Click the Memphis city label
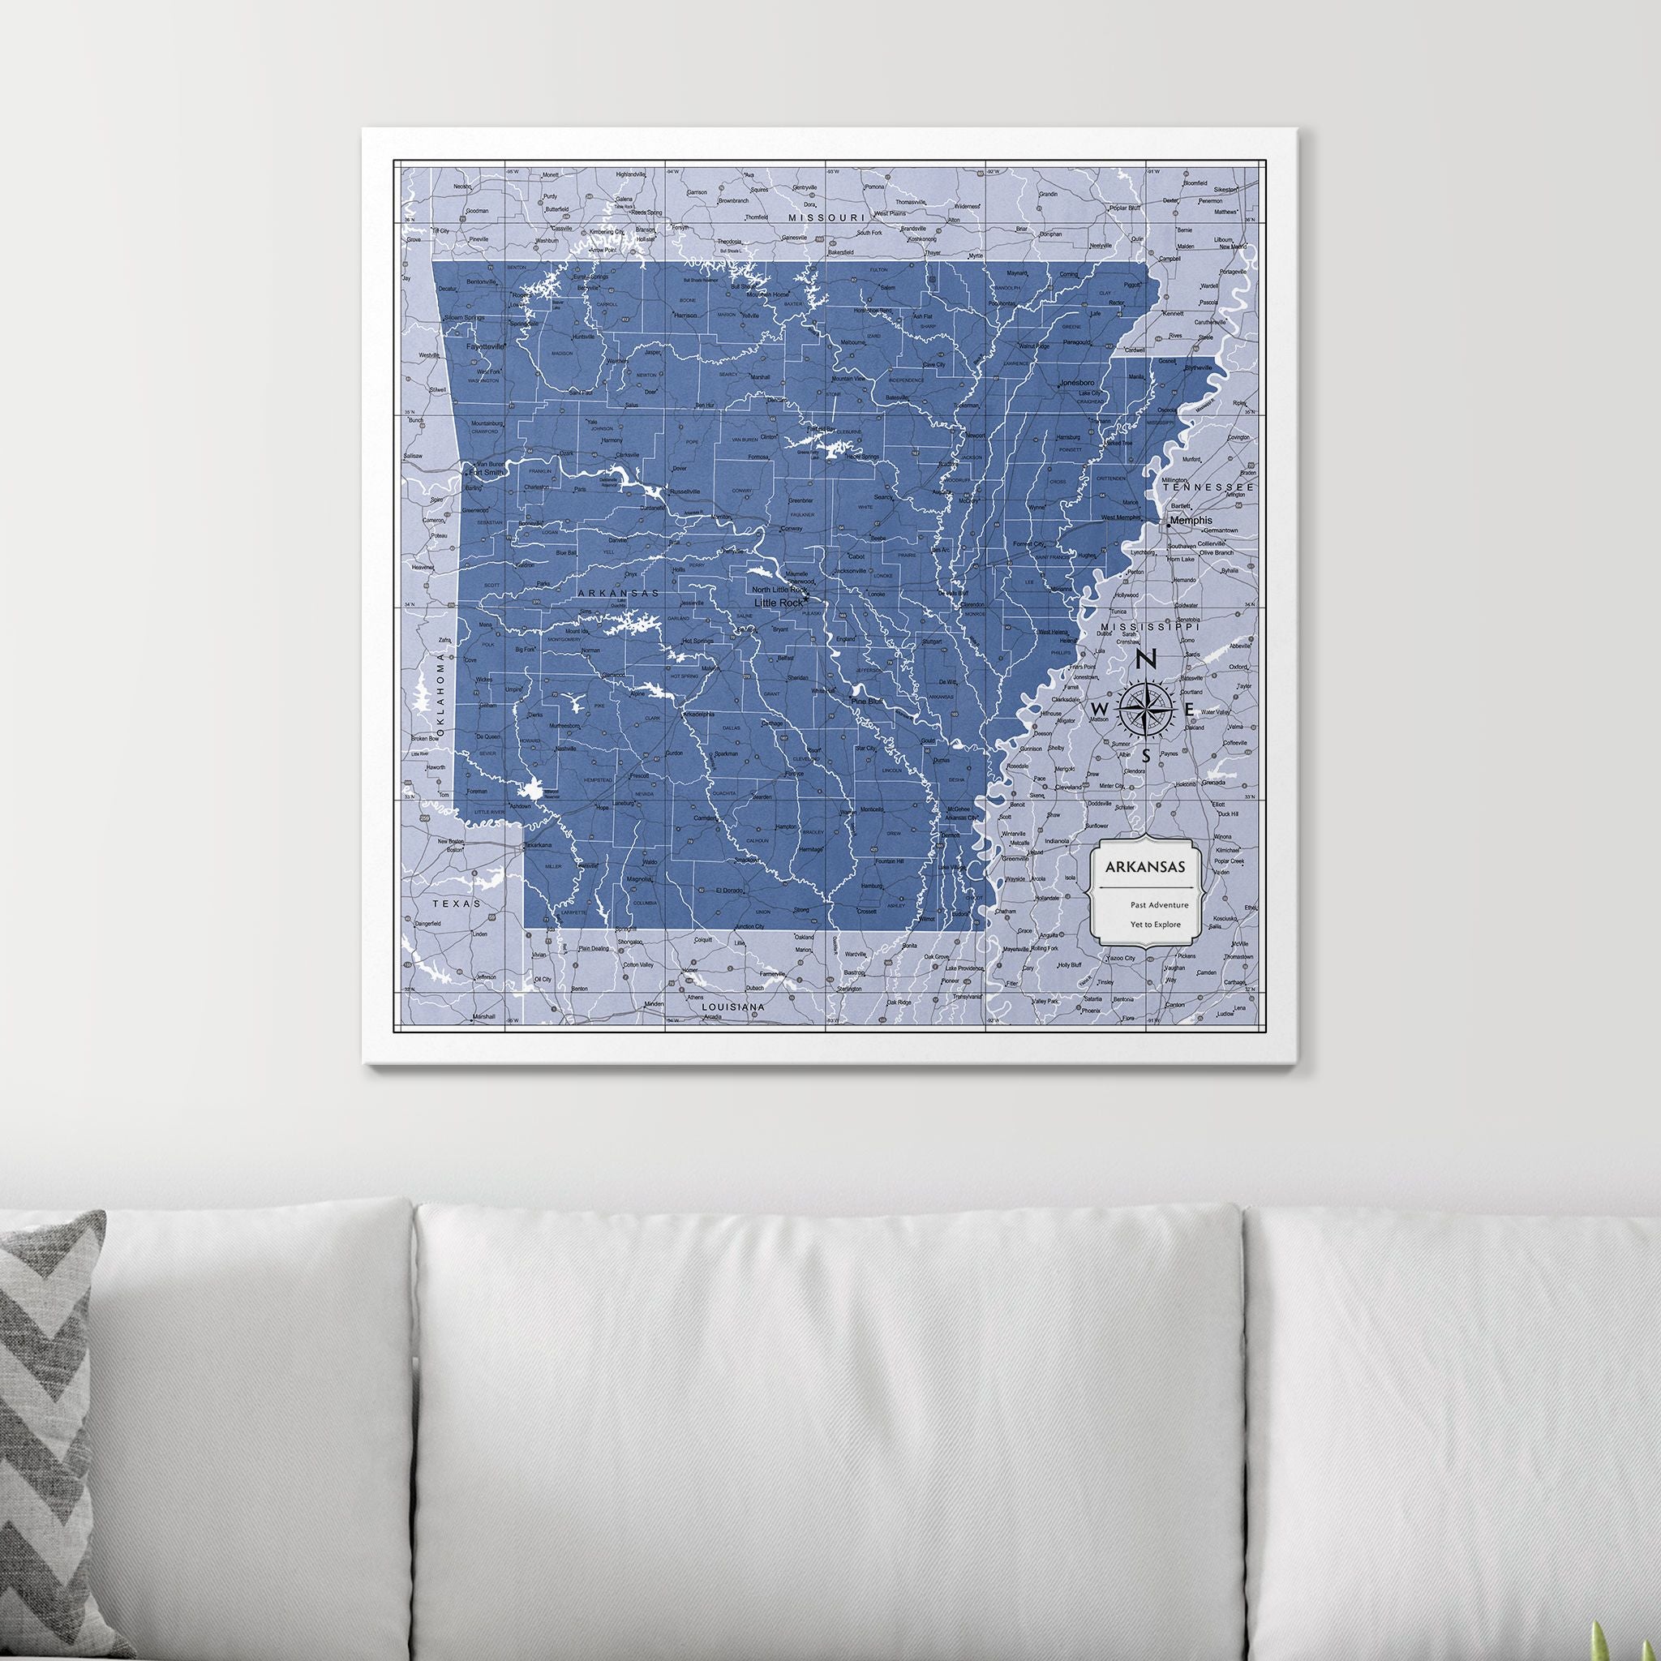pos(1191,520)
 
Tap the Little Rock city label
pos(776,603)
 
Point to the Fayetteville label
pos(486,346)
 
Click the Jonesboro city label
pos(1080,382)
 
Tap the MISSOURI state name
pos(826,218)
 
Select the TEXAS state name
pos(453,904)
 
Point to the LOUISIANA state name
pos(733,1005)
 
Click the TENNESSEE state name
pos(1208,487)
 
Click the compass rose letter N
pos(1145,660)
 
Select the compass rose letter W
pos(1098,706)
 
